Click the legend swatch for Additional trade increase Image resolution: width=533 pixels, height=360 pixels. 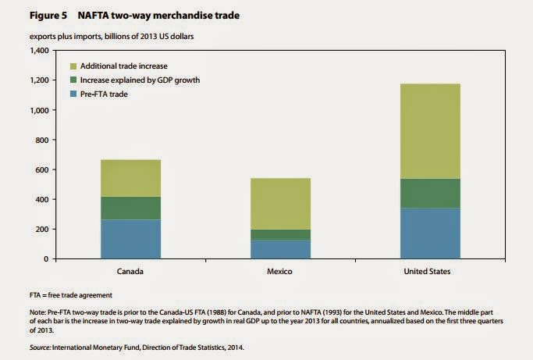[73, 66]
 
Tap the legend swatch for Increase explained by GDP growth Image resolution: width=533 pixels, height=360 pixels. [73, 80]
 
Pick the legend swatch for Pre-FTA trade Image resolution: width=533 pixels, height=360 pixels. [73, 94]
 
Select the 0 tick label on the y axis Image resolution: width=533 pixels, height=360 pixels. [45, 258]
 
